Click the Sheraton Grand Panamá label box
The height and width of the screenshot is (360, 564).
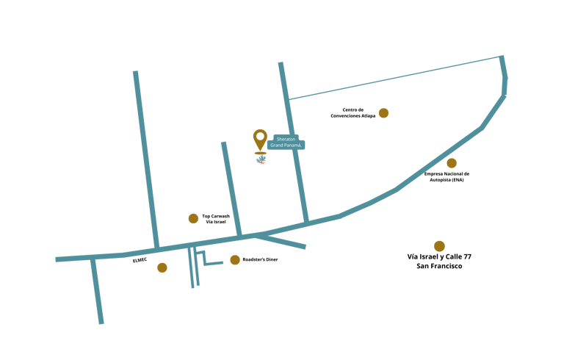[287, 142]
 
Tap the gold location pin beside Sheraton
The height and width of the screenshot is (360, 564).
[260, 139]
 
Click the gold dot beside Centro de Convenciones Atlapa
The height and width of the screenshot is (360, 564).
[383, 113]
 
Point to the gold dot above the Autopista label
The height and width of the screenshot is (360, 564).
[452, 163]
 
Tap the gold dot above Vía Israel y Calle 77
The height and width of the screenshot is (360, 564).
[439, 246]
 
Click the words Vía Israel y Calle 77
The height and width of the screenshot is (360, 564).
[439, 256]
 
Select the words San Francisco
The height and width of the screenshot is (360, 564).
[439, 266]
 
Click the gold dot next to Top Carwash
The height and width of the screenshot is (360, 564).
[193, 218]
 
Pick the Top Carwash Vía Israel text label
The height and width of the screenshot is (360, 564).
[216, 218]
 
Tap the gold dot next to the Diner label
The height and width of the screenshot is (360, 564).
[235, 260]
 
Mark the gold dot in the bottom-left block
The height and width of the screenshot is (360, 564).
[162, 267]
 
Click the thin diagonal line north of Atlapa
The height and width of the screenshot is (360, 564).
[397, 77]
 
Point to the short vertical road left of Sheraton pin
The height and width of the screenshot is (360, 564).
[231, 187]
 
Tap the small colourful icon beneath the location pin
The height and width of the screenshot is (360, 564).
[261, 160]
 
